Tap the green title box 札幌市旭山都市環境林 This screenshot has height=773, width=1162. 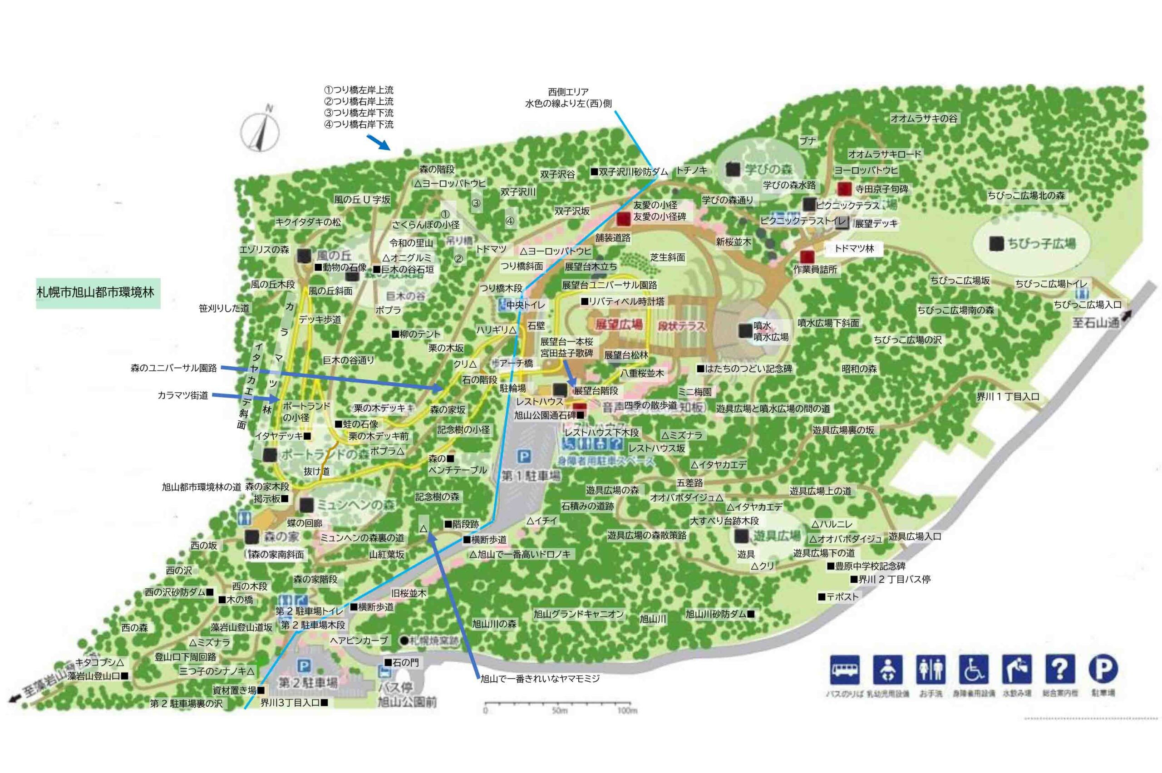[x=98, y=292]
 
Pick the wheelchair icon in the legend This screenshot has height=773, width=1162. [x=973, y=670]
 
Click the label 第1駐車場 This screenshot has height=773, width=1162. [x=531, y=476]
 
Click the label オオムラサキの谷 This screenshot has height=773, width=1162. [x=923, y=118]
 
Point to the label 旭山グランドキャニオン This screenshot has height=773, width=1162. [x=578, y=614]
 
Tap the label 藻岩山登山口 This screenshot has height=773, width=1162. [x=94, y=676]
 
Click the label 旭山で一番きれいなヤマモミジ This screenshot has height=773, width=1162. [x=540, y=678]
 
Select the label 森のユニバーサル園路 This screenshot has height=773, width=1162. [x=173, y=368]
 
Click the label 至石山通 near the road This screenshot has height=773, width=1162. [x=1096, y=323]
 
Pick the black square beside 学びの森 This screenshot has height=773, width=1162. [x=733, y=169]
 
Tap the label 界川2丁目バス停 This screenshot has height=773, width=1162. [x=893, y=579]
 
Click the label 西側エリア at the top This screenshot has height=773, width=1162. [x=568, y=92]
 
